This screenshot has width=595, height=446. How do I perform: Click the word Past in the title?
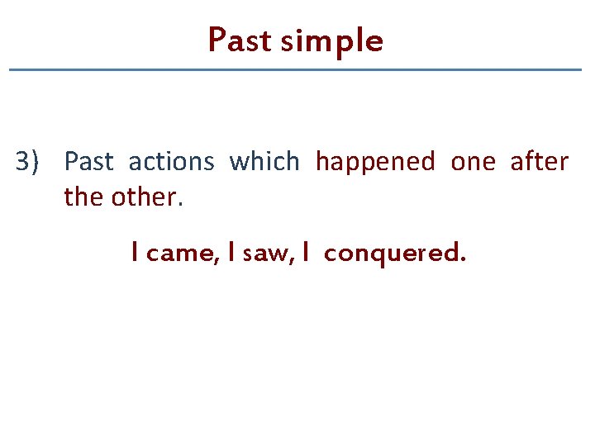(240, 40)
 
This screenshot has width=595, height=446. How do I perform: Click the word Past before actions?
(88, 162)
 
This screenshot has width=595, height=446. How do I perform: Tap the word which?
(264, 162)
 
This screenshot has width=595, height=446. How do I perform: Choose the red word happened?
(375, 162)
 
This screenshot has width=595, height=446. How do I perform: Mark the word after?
(540, 162)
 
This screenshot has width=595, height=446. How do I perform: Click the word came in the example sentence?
(181, 254)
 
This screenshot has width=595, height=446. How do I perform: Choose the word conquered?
(390, 254)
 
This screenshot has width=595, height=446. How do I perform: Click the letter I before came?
(134, 253)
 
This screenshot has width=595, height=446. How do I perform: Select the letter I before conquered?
(306, 253)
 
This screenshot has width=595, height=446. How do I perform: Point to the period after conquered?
(462, 259)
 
